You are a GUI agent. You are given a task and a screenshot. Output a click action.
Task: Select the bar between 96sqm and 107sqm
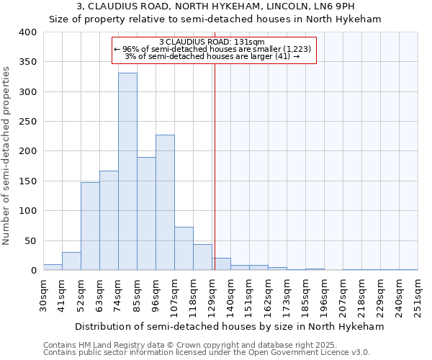click(x=165, y=202)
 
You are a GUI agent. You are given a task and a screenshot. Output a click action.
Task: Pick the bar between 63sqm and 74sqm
click(x=109, y=220)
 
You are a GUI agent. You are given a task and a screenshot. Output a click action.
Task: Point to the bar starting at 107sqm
click(x=184, y=248)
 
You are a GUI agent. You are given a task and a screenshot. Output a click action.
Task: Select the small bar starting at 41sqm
click(x=71, y=261)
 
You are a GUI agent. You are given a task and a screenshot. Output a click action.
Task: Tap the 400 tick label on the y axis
click(x=27, y=32)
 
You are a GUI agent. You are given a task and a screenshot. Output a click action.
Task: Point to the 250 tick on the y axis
click(x=27, y=122)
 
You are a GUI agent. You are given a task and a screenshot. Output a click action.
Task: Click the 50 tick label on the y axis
click(x=30, y=240)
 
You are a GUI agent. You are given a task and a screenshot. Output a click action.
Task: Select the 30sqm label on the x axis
click(x=44, y=294)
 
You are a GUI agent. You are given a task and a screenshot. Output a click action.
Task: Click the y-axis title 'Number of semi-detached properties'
click(x=7, y=155)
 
